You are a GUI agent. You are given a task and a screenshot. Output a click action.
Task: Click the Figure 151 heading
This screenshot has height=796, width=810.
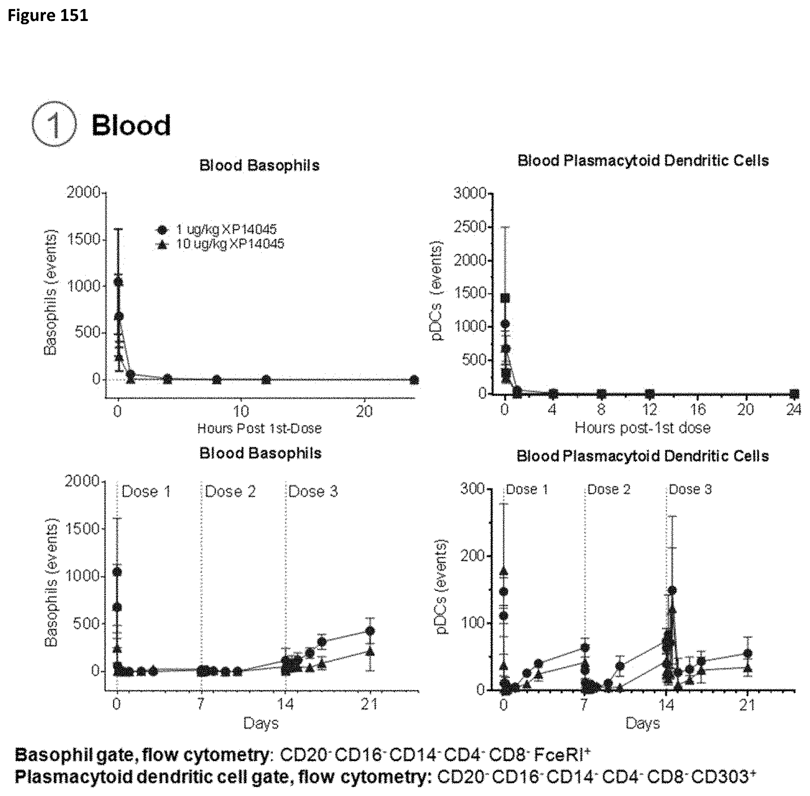point(48,16)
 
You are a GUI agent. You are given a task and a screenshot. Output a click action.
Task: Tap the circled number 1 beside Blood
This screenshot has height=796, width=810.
point(54,124)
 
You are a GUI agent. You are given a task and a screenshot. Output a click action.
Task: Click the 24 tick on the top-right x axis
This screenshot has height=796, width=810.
point(793,410)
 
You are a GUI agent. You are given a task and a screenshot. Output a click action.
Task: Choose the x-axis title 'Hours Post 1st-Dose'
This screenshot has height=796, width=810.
point(260,428)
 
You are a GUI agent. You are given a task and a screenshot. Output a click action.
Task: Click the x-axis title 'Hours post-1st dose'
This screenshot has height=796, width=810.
point(642,428)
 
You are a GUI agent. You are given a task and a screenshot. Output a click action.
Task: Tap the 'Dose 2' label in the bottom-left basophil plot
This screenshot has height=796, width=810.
point(230,491)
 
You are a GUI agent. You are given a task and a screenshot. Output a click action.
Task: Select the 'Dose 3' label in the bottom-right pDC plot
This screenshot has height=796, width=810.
point(690,489)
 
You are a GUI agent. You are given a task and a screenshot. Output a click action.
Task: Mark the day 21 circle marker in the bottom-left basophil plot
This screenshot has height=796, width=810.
point(370,631)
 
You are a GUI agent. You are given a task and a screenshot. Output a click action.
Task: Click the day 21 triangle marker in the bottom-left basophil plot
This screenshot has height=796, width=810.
point(370,651)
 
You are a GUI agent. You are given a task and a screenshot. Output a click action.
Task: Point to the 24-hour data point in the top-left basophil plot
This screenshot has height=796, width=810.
point(414,379)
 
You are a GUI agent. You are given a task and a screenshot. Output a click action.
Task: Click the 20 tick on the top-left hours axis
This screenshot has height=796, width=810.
point(364,412)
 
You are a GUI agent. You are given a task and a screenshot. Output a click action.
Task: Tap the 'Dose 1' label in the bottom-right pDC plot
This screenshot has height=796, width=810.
point(527,489)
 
